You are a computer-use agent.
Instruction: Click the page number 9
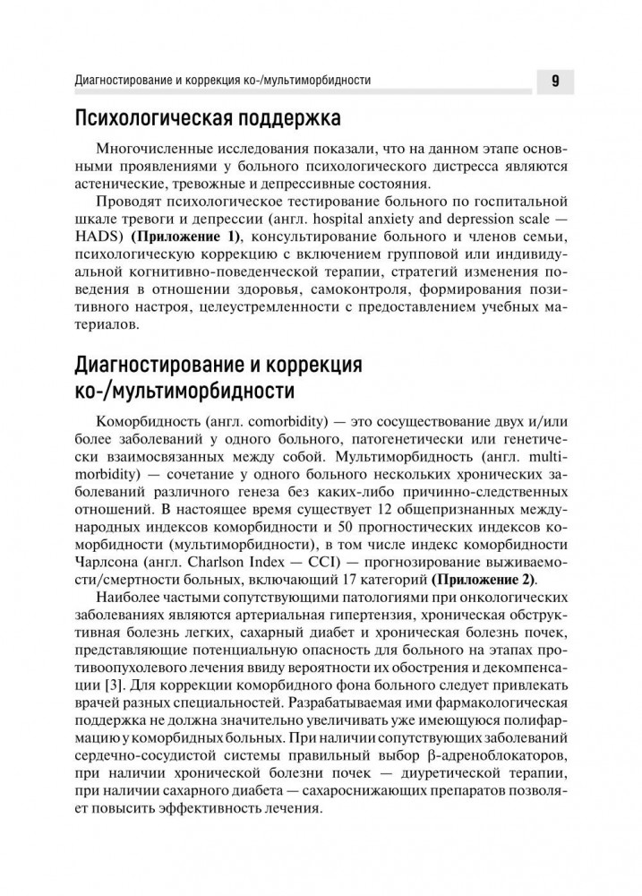coord(555,82)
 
